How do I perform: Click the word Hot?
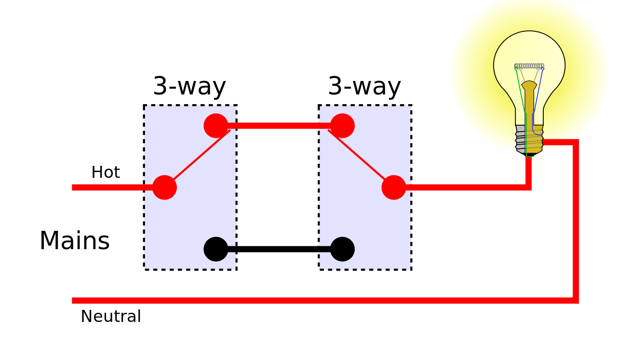tap(106, 173)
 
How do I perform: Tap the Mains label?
tap(75, 241)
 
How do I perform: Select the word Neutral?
tap(111, 317)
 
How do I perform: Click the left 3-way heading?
tap(189, 87)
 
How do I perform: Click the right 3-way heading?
tap(364, 87)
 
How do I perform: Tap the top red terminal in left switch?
tap(215, 126)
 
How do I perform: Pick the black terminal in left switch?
tap(215, 249)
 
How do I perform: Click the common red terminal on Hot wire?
tap(164, 187)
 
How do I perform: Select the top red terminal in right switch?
tap(342, 126)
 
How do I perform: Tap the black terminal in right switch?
tap(342, 249)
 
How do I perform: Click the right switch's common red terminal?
tap(394, 187)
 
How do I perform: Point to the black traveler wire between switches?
tap(279, 249)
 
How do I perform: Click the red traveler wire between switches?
tap(279, 126)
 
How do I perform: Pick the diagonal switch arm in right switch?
tap(360, 157)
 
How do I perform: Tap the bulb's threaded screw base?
tap(529, 140)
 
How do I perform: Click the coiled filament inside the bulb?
tap(529, 66)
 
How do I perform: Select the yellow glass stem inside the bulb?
tap(529, 99)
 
